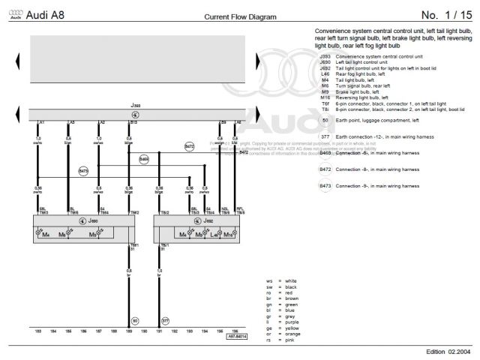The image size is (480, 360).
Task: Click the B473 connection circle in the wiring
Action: tap(83, 171)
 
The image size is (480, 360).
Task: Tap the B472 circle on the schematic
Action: tap(190, 146)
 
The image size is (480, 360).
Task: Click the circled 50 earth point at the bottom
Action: tap(135, 320)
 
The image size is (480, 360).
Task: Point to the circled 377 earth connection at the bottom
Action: tap(166, 320)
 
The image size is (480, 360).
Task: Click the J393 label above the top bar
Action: tap(135, 106)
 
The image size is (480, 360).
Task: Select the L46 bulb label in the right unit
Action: tap(214, 235)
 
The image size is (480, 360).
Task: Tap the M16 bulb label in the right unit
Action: tap(228, 235)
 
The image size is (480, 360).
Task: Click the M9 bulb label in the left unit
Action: tap(93, 235)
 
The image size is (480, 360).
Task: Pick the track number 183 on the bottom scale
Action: tap(38, 331)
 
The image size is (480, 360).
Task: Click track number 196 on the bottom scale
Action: tap(235, 331)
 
